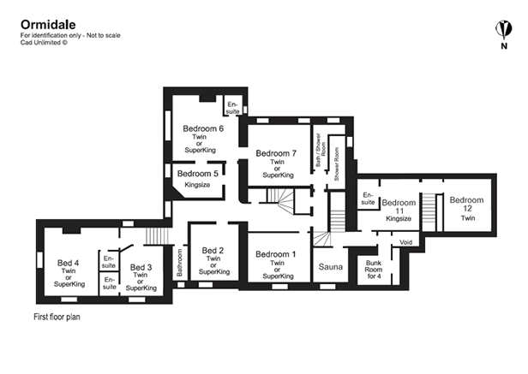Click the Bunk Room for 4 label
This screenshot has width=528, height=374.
pyautogui.click(x=374, y=269)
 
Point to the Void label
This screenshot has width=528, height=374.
pyautogui.click(x=405, y=242)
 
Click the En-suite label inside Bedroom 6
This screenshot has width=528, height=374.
pyautogui.click(x=233, y=107)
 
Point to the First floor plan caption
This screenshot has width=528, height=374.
pyautogui.click(x=56, y=316)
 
